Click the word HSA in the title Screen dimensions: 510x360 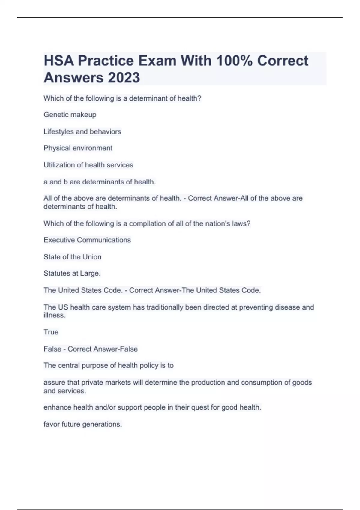59,61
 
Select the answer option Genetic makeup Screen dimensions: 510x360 70,115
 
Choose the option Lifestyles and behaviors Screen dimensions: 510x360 82,131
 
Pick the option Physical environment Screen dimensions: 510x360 78,148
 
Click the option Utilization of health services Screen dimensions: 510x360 88,165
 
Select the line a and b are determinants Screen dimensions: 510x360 100,182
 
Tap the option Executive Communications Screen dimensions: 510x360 87,240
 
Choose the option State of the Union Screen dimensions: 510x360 72,257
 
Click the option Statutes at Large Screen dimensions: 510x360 72,273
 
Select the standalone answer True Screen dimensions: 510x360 51,332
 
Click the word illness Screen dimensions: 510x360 54,315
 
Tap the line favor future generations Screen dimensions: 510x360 82,424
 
